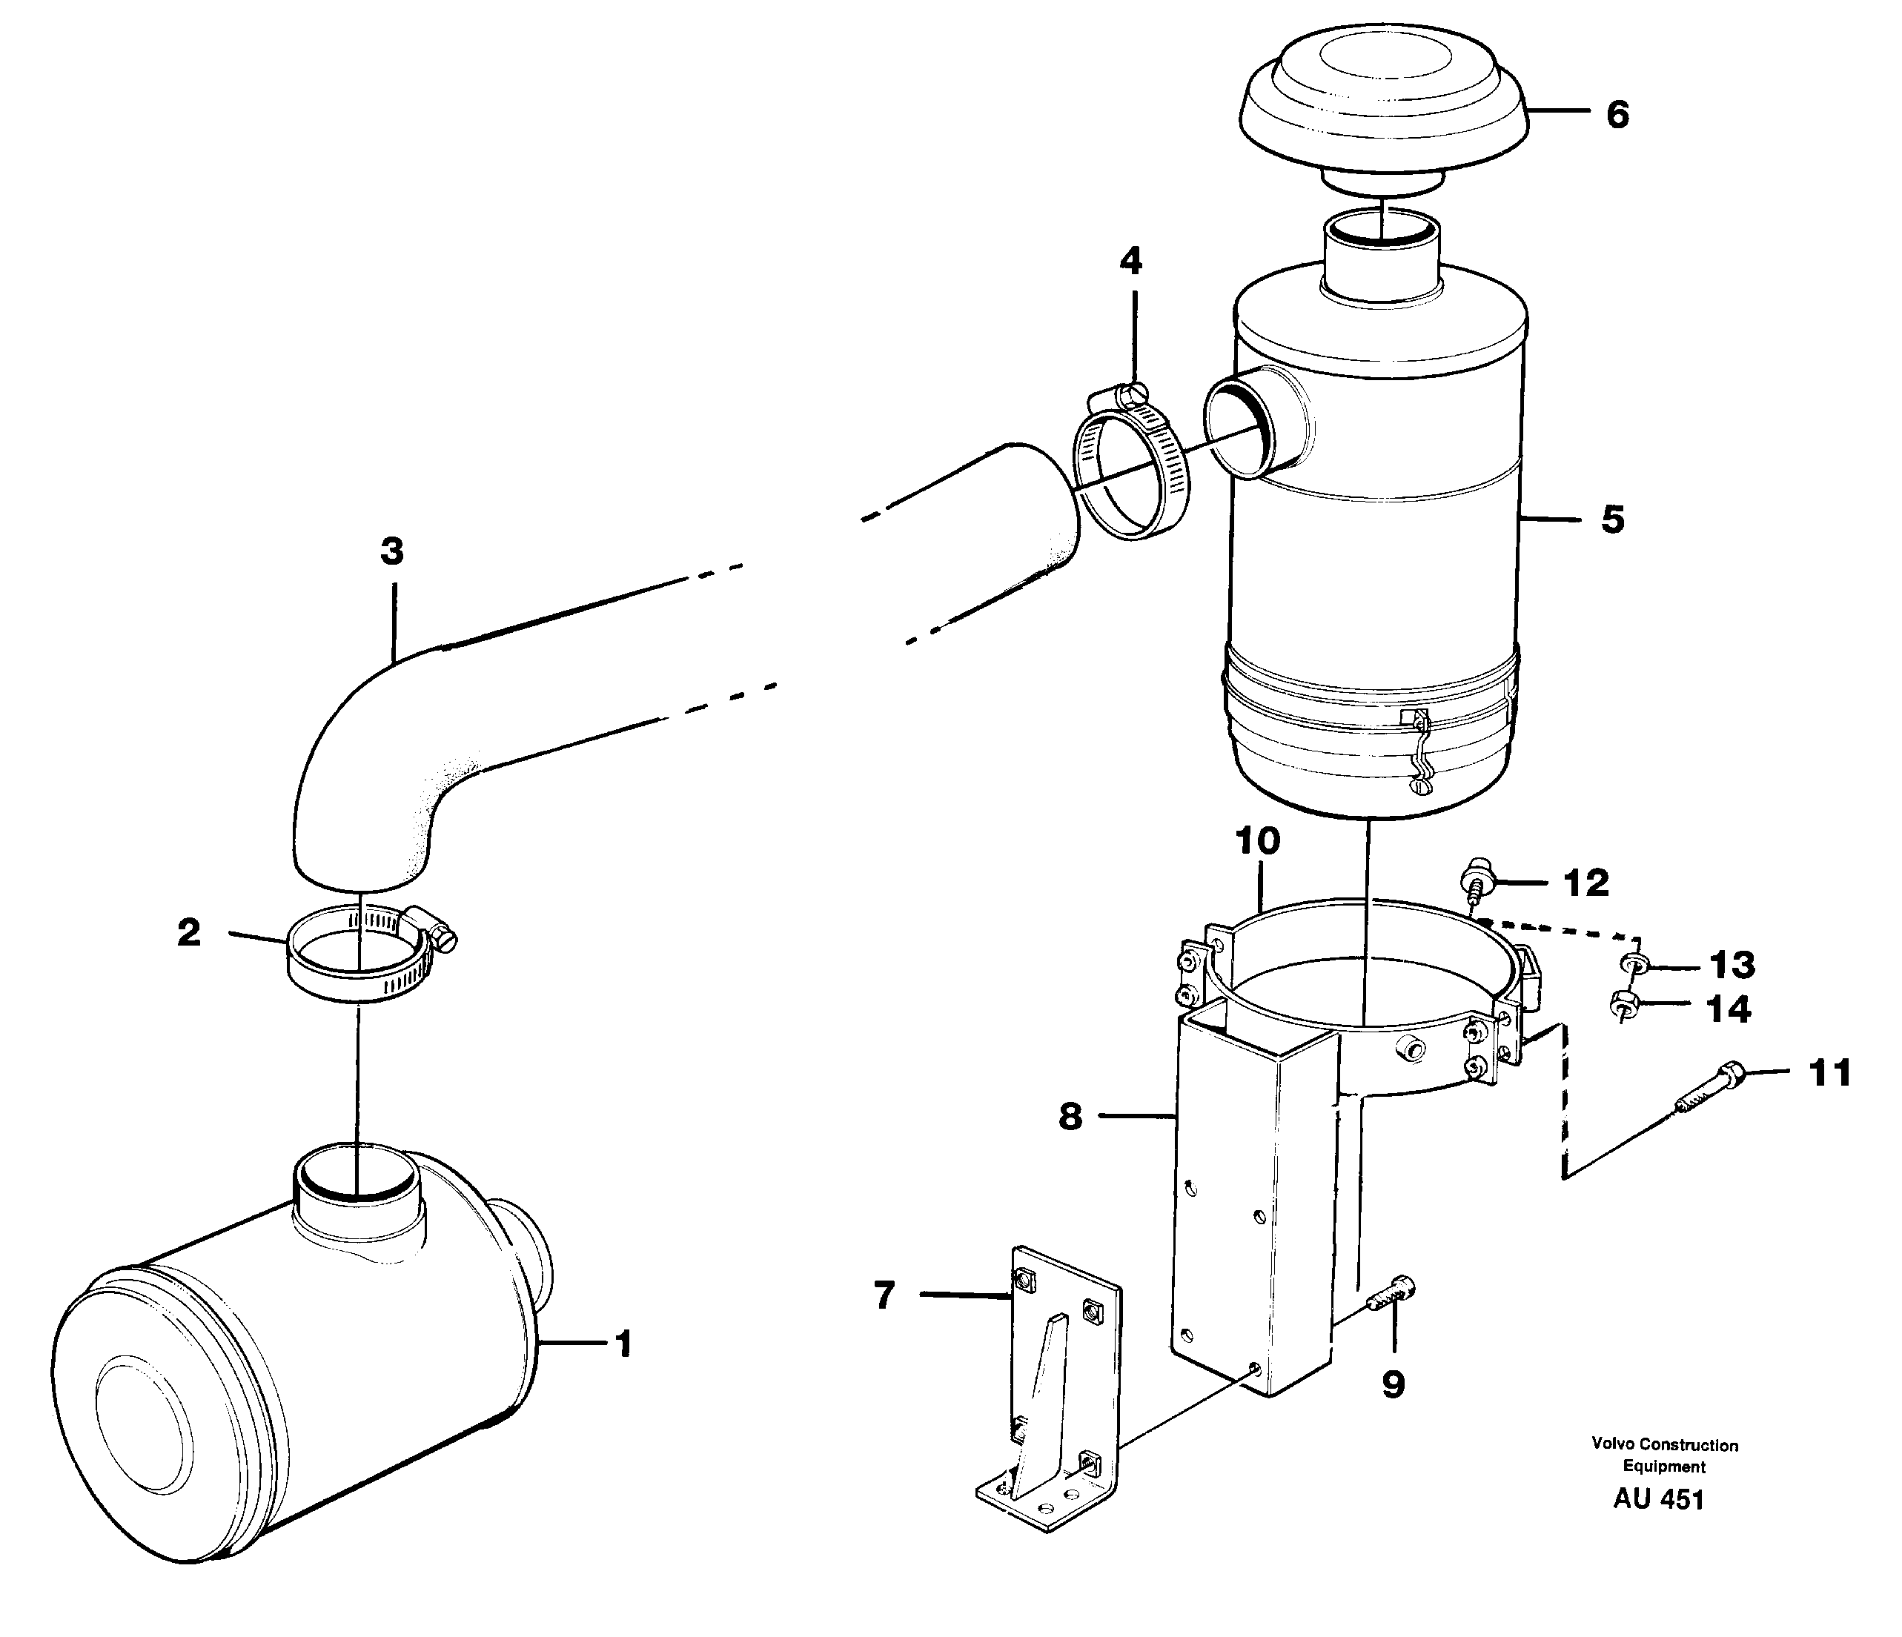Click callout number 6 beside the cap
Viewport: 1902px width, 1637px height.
coord(1617,115)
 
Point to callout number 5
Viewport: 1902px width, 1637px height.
coord(1613,519)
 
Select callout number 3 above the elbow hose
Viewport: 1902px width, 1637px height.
coord(392,551)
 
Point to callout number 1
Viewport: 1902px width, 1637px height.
coord(624,1345)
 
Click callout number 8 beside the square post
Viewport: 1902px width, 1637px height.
coord(1070,1117)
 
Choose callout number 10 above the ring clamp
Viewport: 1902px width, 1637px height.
coord(1258,840)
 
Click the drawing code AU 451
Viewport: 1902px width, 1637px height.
coord(1658,1499)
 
